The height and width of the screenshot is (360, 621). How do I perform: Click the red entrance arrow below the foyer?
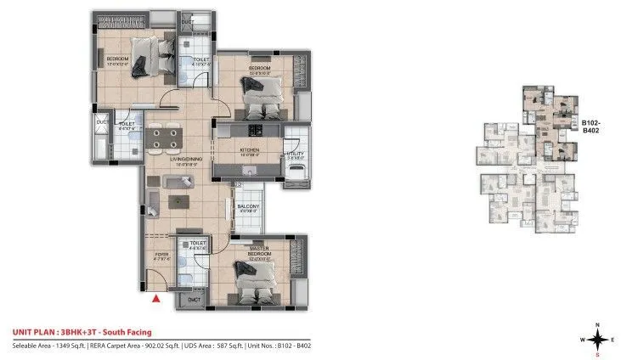(x=155, y=298)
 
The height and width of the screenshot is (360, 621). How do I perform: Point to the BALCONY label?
(x=247, y=206)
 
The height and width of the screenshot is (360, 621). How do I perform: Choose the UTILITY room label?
(x=295, y=154)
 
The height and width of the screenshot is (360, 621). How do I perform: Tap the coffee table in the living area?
(x=178, y=201)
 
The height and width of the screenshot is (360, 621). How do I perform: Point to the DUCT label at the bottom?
(x=195, y=300)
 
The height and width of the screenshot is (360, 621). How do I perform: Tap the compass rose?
(x=598, y=338)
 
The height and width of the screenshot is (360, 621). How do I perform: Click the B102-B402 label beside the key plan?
(x=590, y=126)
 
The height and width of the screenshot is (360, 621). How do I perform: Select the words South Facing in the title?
(x=127, y=333)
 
